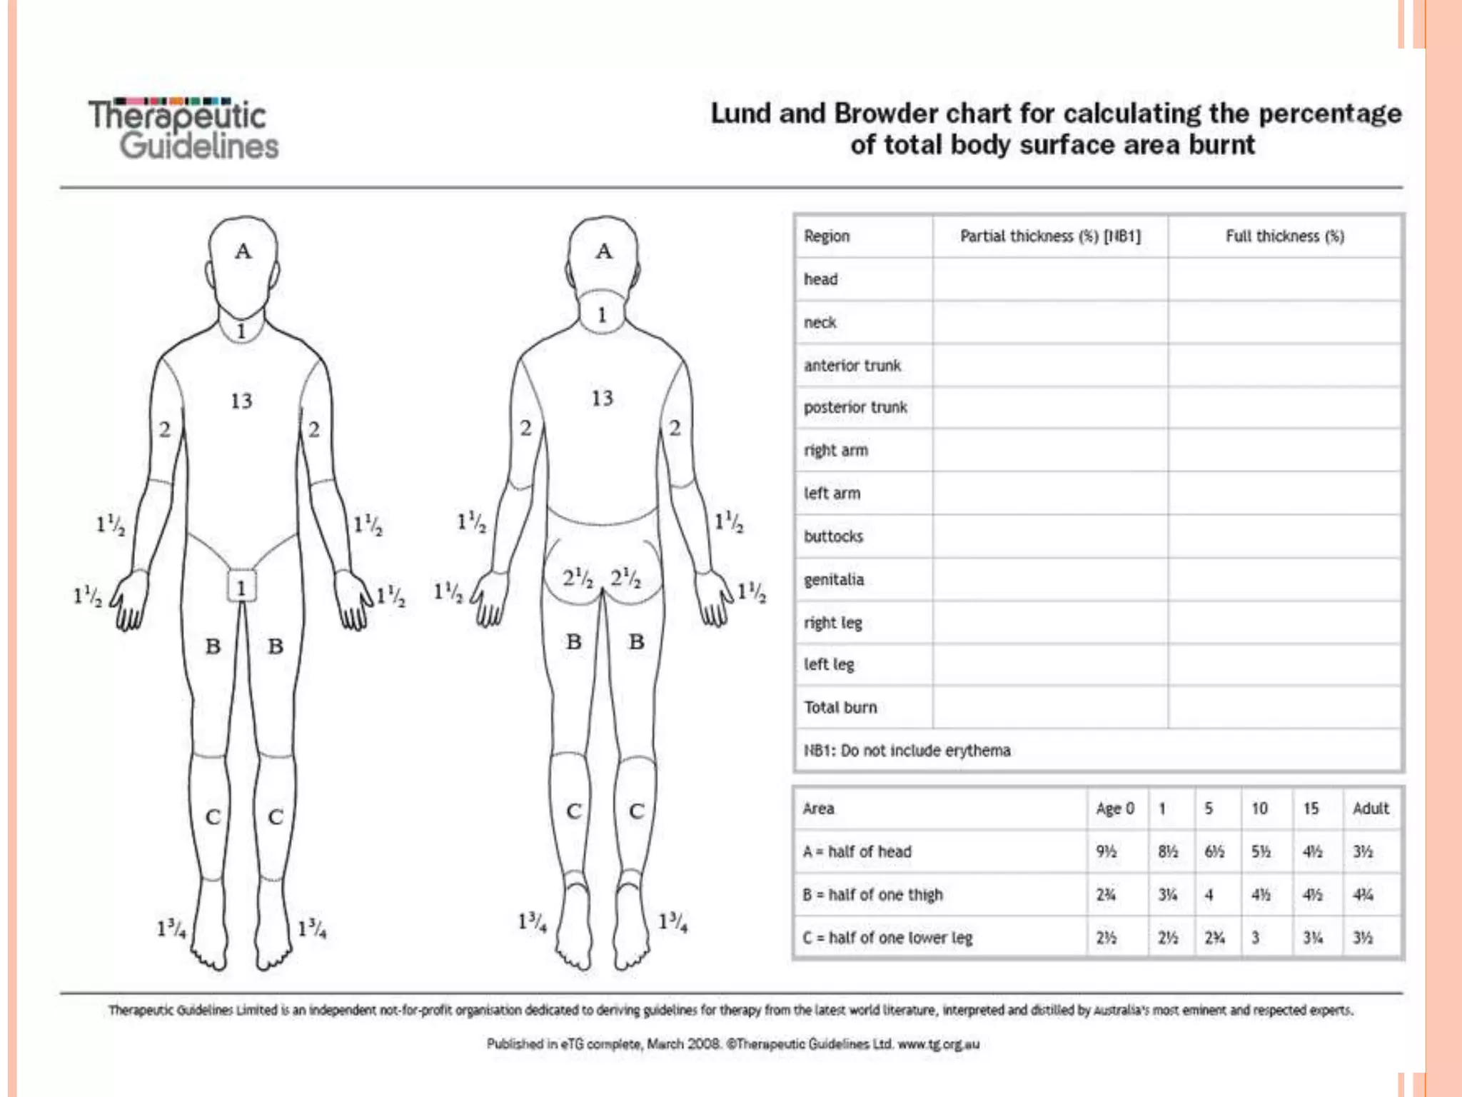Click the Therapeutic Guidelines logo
point(183,129)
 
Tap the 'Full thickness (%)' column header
point(1284,236)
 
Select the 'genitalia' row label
point(834,579)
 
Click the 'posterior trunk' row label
point(855,407)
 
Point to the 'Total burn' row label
point(840,707)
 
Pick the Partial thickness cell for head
point(1050,279)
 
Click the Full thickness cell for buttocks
point(1284,536)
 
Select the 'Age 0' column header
point(1115,808)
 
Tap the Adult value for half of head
point(1363,851)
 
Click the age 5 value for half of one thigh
point(1209,894)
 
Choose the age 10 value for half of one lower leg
point(1256,937)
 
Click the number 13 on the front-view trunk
point(241,401)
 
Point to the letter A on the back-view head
point(604,251)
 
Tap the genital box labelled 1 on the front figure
point(241,588)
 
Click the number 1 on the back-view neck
point(602,314)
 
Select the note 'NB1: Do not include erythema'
point(907,751)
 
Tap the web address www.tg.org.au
point(938,1044)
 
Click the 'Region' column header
point(827,236)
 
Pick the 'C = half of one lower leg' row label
point(887,937)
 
